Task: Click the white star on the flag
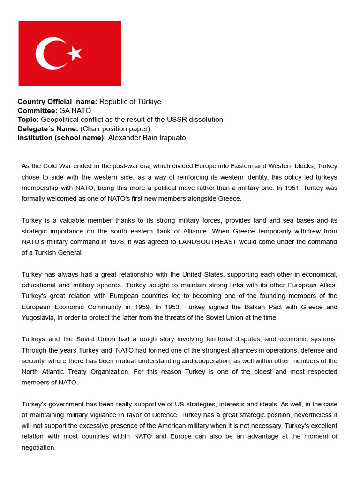(x=75, y=53)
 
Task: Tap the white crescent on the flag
(x=47, y=53)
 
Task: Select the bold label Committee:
(x=37, y=111)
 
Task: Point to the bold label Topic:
(x=28, y=120)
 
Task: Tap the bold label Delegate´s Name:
(x=48, y=128)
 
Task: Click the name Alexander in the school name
(x=124, y=138)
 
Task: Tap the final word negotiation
(x=38, y=448)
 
